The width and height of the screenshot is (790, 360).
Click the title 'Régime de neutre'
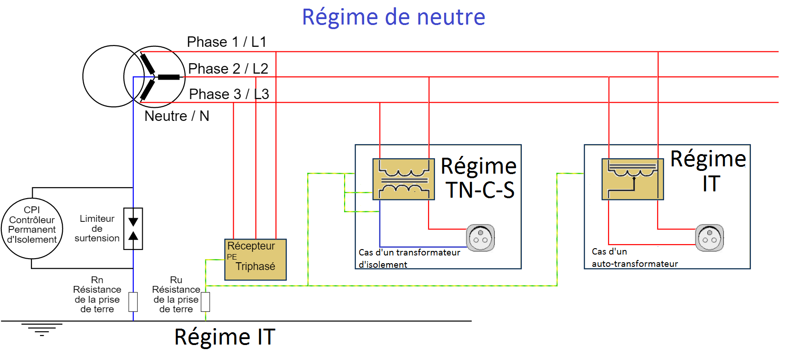click(x=394, y=17)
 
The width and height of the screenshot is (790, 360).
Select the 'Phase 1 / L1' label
click(x=226, y=42)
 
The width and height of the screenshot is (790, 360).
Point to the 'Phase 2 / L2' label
click(x=228, y=69)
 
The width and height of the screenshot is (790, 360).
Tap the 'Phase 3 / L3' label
click(x=229, y=94)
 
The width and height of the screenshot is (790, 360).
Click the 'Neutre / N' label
click(x=176, y=116)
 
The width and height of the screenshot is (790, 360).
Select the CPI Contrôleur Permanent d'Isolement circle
click(x=32, y=228)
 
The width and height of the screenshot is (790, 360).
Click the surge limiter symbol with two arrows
click(x=133, y=229)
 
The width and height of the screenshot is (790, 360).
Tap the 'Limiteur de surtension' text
click(x=97, y=228)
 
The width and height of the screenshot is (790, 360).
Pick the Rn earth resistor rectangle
click(x=133, y=302)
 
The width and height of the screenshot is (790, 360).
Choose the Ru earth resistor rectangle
click(x=205, y=302)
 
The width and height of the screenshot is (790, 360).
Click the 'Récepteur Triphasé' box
click(x=255, y=260)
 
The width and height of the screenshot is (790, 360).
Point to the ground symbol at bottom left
click(x=41, y=329)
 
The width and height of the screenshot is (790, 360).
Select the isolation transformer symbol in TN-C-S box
click(x=403, y=179)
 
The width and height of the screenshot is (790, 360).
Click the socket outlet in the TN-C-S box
click(x=480, y=237)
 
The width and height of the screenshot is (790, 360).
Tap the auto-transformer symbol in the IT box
click(x=632, y=179)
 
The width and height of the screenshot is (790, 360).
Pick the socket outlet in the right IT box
click(x=709, y=237)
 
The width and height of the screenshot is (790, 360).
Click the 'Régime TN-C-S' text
click(x=479, y=178)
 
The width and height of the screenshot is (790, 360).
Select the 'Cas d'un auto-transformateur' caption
click(x=635, y=258)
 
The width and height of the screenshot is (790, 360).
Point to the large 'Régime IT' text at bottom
click(x=225, y=337)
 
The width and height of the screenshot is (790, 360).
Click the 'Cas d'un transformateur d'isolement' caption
click(x=409, y=258)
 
